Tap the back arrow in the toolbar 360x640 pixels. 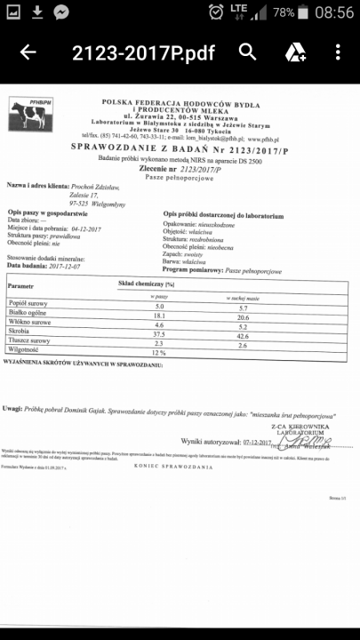click(28, 52)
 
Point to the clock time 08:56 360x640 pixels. click(334, 12)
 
